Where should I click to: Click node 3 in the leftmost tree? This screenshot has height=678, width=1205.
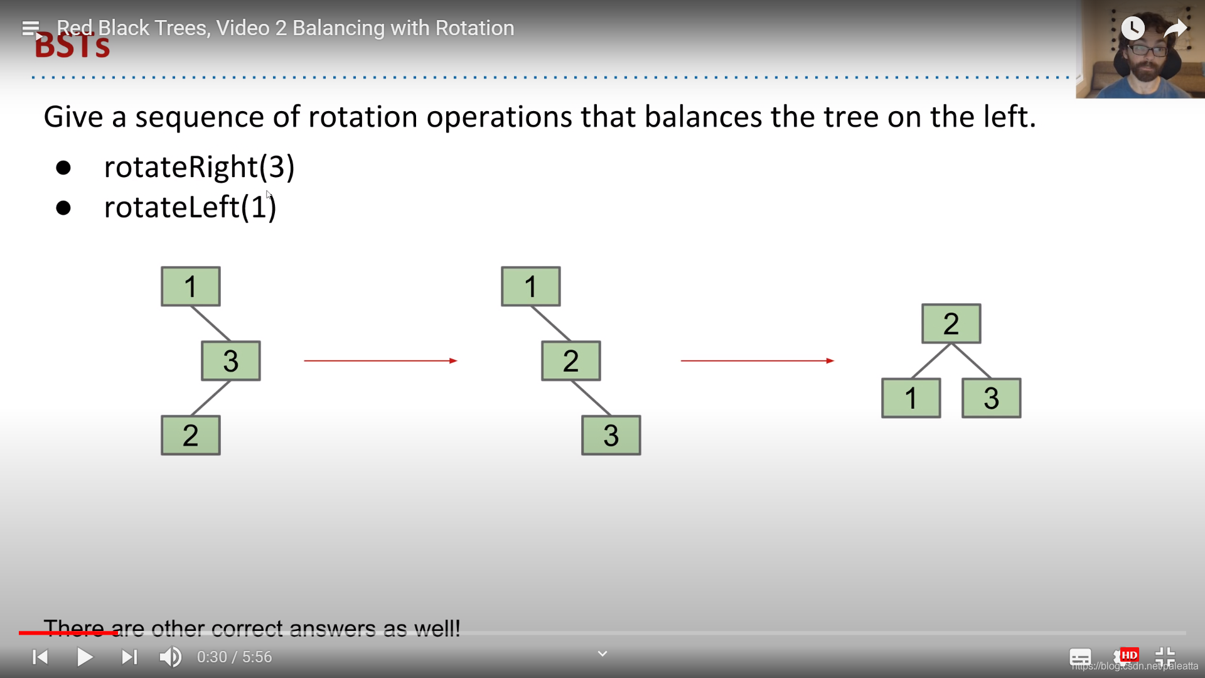pyautogui.click(x=230, y=361)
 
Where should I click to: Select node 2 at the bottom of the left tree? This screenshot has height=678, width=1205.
pyautogui.click(x=191, y=435)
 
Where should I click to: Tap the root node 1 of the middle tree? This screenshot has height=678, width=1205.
pyautogui.click(x=530, y=287)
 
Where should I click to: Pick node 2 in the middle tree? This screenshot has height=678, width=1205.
pyautogui.click(x=570, y=361)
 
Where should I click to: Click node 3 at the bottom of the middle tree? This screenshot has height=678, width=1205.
pyautogui.click(x=611, y=435)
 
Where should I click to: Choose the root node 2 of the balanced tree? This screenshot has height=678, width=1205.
pyautogui.click(x=951, y=324)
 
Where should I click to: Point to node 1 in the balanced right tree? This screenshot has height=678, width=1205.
pyautogui.click(x=911, y=398)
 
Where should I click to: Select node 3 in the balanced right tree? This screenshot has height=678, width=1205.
pyautogui.click(x=991, y=398)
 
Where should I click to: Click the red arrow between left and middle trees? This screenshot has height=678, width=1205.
pyautogui.click(x=380, y=361)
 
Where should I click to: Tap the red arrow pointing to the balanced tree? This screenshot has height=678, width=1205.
pyautogui.click(x=757, y=361)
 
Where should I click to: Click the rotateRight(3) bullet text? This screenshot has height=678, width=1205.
pyautogui.click(x=199, y=167)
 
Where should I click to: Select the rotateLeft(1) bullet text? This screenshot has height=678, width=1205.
pyautogui.click(x=190, y=207)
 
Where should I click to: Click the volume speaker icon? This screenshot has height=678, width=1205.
pyautogui.click(x=170, y=657)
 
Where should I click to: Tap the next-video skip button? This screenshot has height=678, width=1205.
pyautogui.click(x=129, y=657)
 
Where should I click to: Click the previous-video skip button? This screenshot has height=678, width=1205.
pyautogui.click(x=40, y=657)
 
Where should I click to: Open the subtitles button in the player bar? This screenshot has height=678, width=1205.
pyautogui.click(x=1080, y=657)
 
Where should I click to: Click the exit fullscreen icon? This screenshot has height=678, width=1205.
pyautogui.click(x=1165, y=657)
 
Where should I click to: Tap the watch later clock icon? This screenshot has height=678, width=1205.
pyautogui.click(x=1133, y=28)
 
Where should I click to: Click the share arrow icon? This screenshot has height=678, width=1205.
pyautogui.click(x=1175, y=28)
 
